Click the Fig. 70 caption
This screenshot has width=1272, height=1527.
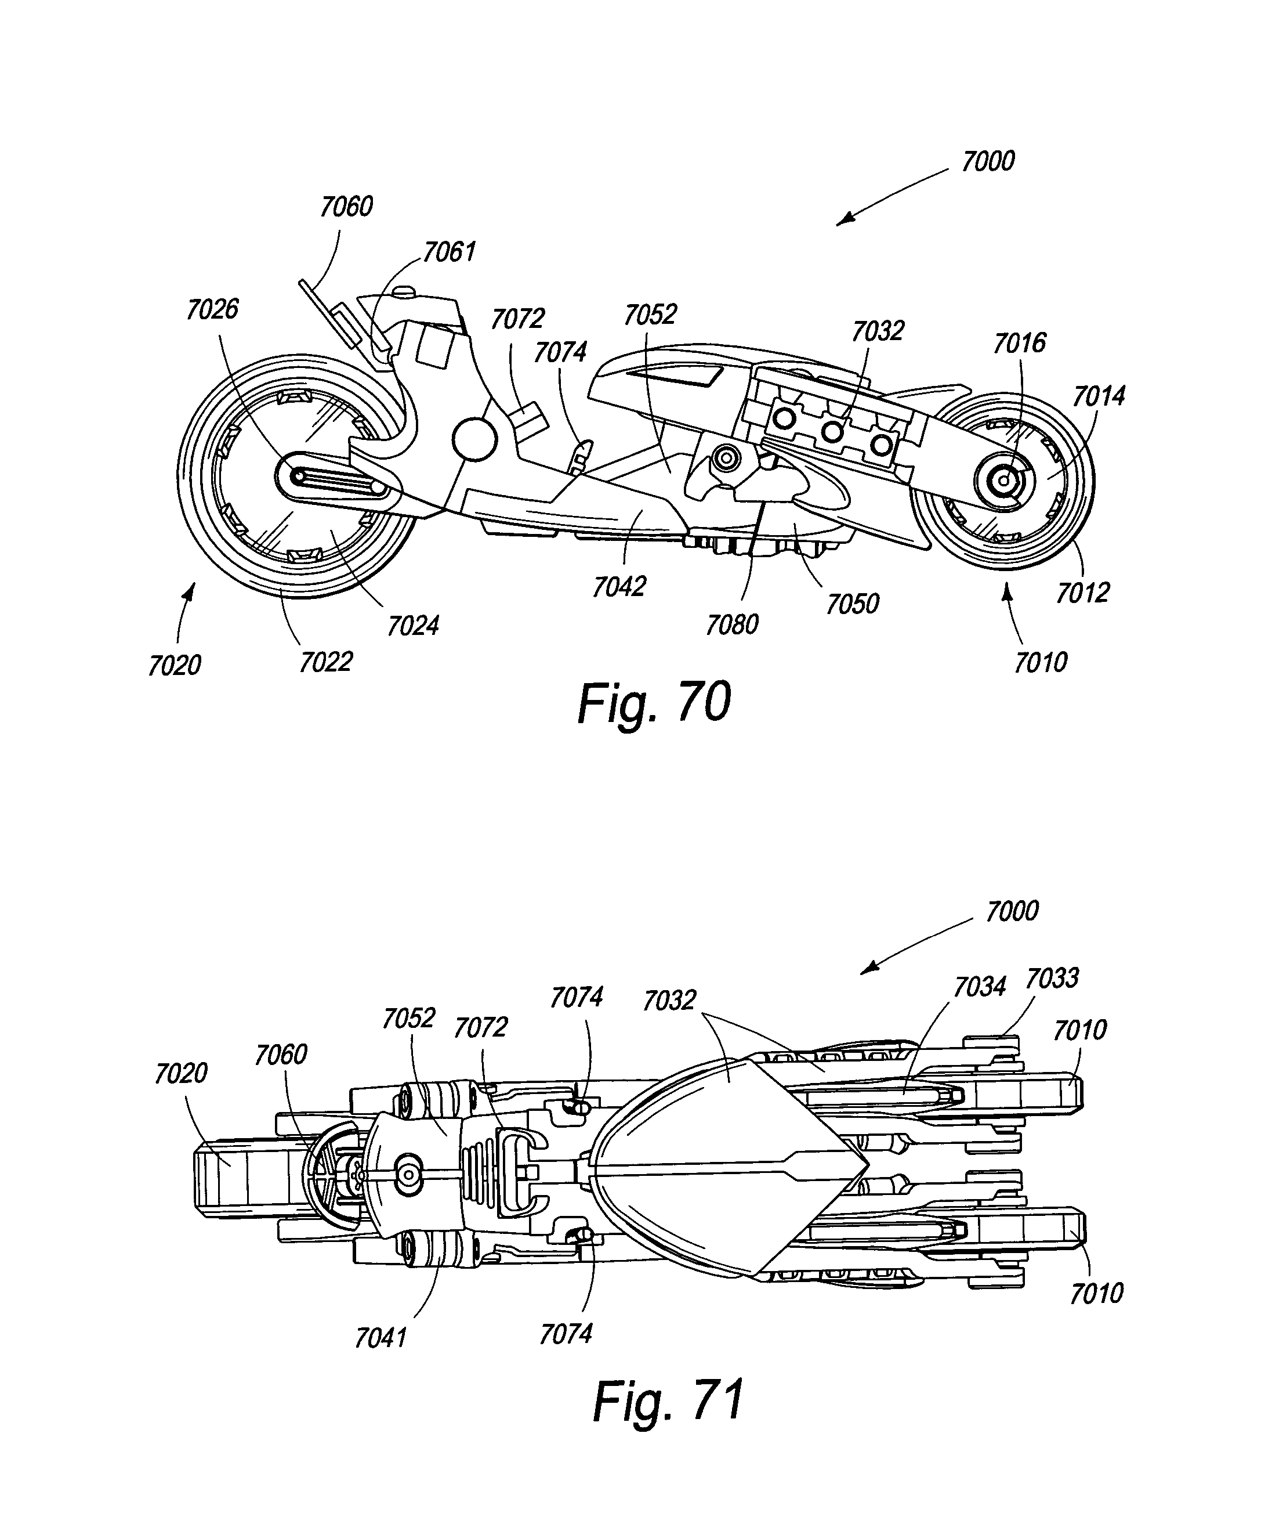pyautogui.click(x=654, y=703)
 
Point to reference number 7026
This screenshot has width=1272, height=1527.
pyautogui.click(x=212, y=310)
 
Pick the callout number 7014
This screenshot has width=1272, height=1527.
pyautogui.click(x=1098, y=396)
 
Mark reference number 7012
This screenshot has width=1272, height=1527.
pyautogui.click(x=1082, y=593)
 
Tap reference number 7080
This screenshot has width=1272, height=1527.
pyautogui.click(x=732, y=624)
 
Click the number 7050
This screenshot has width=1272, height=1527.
pyautogui.click(x=853, y=604)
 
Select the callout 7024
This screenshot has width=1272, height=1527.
pyautogui.click(x=413, y=625)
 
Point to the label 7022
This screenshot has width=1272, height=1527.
pyautogui.click(x=325, y=662)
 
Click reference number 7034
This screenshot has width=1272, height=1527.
pyautogui.click(x=980, y=987)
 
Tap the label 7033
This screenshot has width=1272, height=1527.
pyautogui.click(x=1052, y=978)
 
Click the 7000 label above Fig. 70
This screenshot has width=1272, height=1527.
pyautogui.click(x=988, y=161)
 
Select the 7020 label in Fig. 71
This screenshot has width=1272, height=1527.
pyautogui.click(x=181, y=1073)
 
